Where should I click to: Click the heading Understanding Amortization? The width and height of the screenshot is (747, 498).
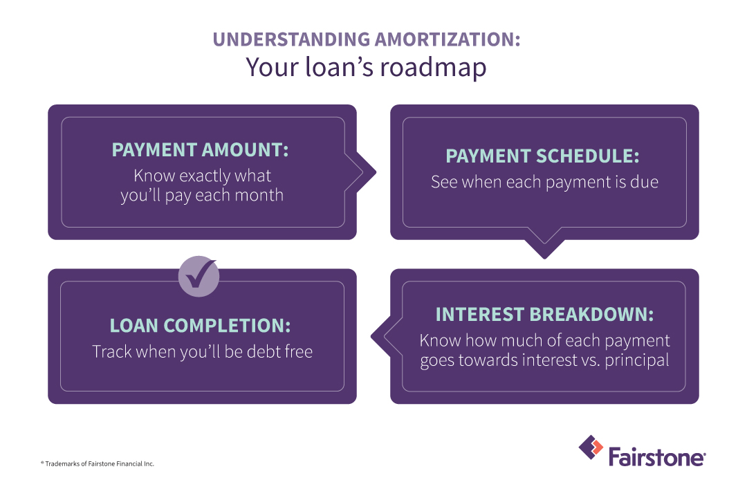[367, 39]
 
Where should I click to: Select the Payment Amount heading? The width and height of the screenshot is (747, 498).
[201, 150]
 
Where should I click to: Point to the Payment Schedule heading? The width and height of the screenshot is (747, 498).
[543, 156]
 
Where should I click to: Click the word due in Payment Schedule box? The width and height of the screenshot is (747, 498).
[644, 182]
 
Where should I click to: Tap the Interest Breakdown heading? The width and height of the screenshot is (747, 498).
[544, 314]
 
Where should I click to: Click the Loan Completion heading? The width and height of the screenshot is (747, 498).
[200, 325]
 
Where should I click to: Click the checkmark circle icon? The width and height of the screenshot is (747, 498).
[199, 277]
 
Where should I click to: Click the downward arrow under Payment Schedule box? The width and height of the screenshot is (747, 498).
[544, 248]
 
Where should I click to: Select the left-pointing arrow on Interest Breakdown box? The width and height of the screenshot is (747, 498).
[380, 337]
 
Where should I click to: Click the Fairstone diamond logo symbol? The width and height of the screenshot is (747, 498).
[591, 448]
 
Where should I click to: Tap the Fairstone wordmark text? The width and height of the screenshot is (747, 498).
[656, 456]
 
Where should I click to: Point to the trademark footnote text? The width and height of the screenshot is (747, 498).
[97, 463]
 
